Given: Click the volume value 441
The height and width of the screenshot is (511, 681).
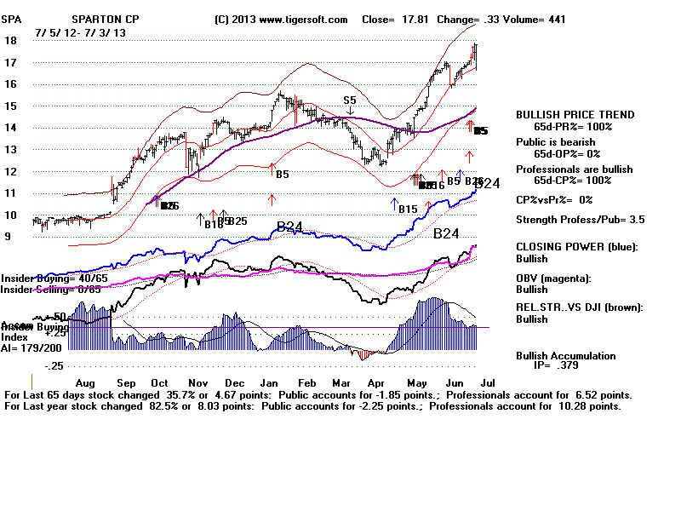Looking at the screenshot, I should click(x=554, y=19).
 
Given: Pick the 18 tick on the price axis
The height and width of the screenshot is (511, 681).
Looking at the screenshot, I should click(x=11, y=40).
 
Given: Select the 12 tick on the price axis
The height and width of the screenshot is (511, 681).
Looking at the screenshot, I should click(x=11, y=171).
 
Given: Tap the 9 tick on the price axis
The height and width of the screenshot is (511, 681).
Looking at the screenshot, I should click(x=8, y=237).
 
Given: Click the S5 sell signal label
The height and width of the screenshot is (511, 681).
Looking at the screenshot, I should click(x=350, y=100).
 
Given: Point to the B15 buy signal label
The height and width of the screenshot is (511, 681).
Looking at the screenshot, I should click(x=408, y=209).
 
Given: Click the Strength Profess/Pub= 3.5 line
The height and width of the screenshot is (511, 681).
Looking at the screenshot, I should click(x=580, y=220).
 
